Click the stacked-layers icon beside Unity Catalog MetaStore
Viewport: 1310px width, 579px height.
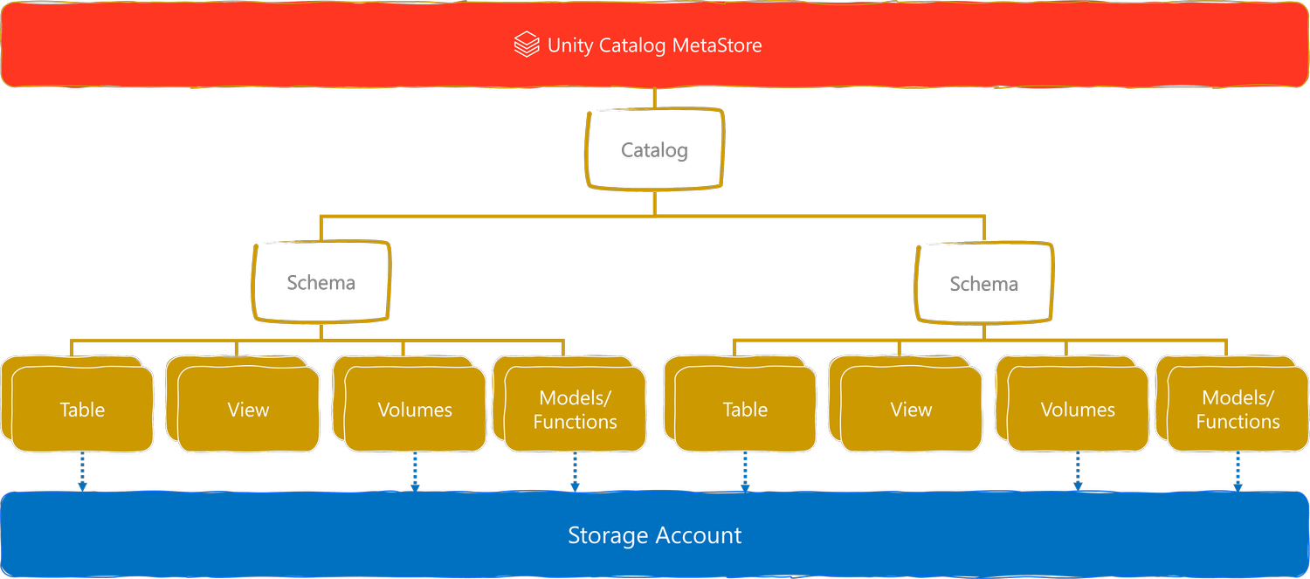click(x=527, y=45)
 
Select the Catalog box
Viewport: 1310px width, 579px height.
click(x=654, y=149)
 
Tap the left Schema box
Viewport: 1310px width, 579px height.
click(x=321, y=282)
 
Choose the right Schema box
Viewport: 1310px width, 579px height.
click(x=983, y=284)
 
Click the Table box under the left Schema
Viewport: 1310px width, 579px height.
click(x=82, y=409)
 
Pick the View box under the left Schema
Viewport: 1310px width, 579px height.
click(x=248, y=409)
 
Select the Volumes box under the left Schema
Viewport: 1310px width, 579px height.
click(x=415, y=409)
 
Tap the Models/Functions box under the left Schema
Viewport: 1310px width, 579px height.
click(x=575, y=409)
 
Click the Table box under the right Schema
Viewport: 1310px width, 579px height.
click(x=745, y=409)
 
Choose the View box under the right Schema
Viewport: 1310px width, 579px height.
click(x=911, y=409)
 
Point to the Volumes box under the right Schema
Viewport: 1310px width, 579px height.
click(x=1078, y=409)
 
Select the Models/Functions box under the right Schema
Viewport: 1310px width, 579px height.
click(x=1238, y=409)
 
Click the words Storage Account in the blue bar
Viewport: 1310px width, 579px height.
click(x=654, y=535)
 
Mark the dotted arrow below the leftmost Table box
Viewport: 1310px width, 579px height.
click(x=82, y=472)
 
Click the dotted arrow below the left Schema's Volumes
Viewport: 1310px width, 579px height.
click(x=415, y=472)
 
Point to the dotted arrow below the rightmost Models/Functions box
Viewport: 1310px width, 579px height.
click(x=1238, y=472)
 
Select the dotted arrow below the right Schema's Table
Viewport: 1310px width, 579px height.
click(x=745, y=472)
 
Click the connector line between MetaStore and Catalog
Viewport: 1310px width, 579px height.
click(x=654, y=97)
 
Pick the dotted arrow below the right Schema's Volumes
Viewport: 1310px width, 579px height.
click(x=1078, y=472)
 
